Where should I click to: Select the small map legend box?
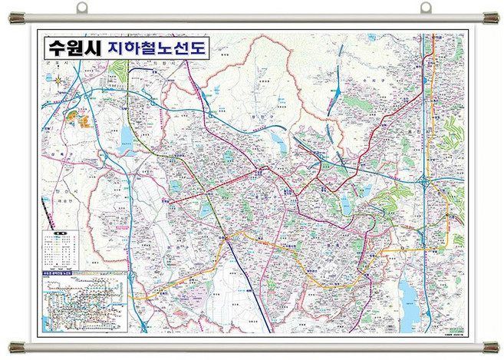pos(60,249)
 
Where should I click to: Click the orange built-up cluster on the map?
pos(80,119)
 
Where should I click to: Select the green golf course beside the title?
pos(117,73)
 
